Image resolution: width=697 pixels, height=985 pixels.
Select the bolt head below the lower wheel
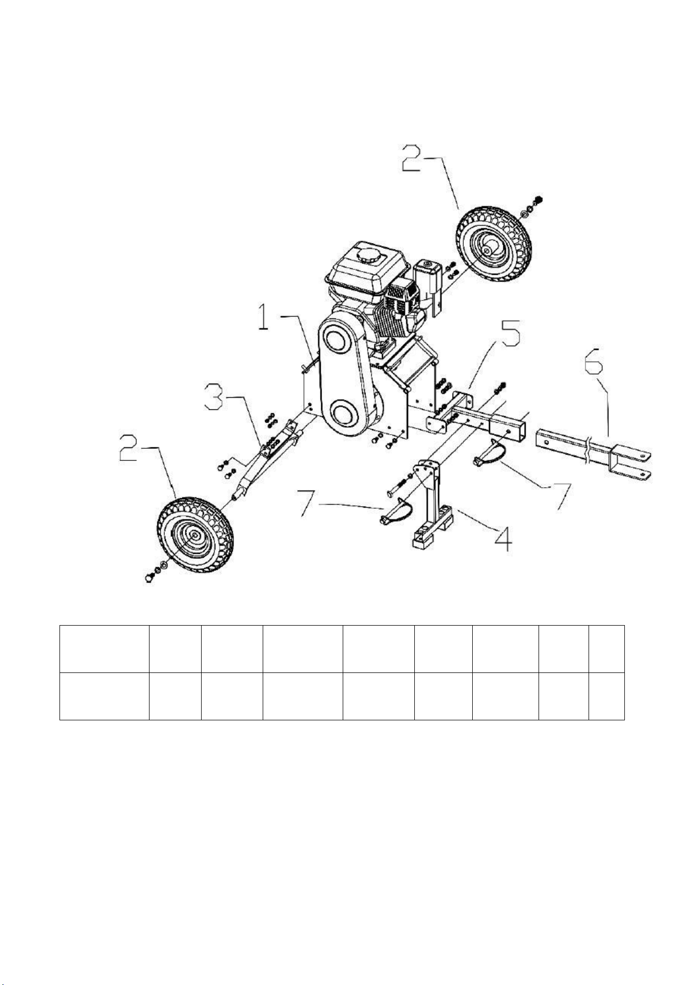coord(148,578)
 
